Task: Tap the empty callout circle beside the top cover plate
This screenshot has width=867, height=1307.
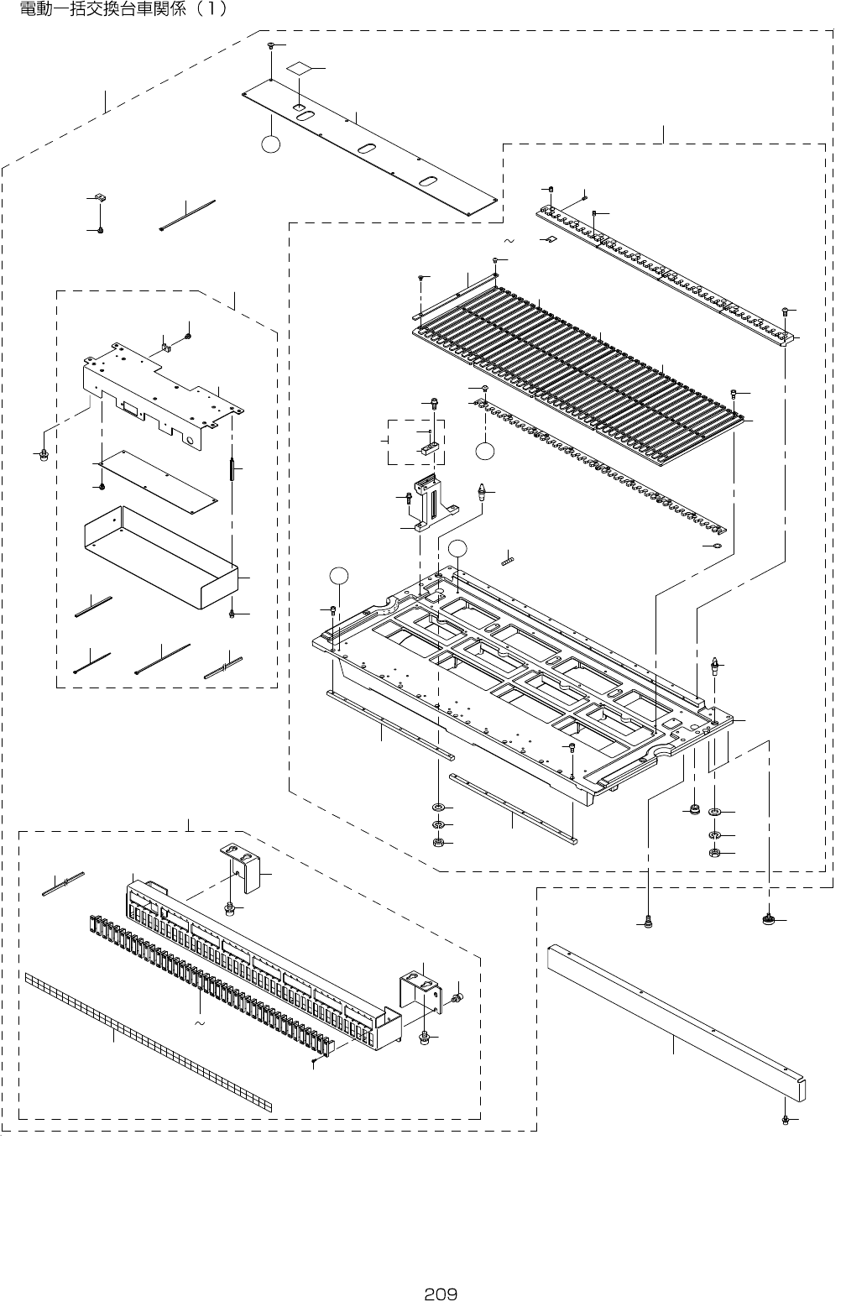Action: (270, 144)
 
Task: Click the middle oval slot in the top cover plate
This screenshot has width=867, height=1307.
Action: (367, 149)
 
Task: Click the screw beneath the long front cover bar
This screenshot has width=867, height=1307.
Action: (784, 1120)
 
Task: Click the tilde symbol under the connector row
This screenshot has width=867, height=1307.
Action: (199, 1025)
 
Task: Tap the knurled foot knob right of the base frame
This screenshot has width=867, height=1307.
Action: (767, 920)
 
